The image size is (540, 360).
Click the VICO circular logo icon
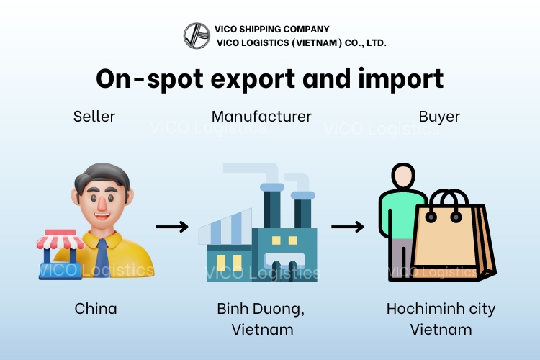pyautogui.click(x=197, y=36)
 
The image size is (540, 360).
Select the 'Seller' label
pyautogui.click(x=94, y=116)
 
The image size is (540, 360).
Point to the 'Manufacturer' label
pyautogui.click(x=261, y=116)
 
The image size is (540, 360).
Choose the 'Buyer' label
pyautogui.click(x=439, y=116)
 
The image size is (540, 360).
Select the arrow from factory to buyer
pyautogui.click(x=347, y=228)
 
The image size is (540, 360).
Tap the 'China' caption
pyautogui.click(x=96, y=309)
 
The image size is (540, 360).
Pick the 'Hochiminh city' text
pyautogui.click(x=441, y=309)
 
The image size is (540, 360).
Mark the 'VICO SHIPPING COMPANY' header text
pyautogui.click(x=271, y=30)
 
